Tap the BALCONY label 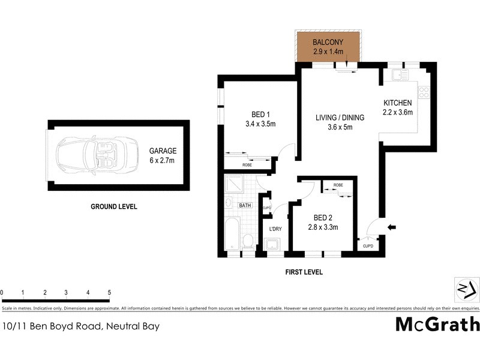328,43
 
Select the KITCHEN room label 398,103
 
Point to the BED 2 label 323,217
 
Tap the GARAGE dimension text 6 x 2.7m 163,160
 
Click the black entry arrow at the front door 392,227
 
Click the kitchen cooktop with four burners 423,92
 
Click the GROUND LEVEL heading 114,206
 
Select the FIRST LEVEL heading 304,272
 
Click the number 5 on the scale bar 109,292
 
